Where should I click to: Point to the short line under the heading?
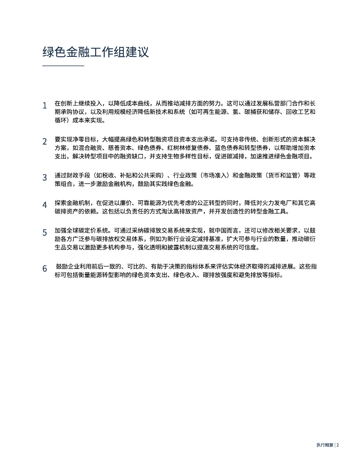point(63,66)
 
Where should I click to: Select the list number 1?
point(45,106)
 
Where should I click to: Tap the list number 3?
point(45,177)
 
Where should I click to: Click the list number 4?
point(45,205)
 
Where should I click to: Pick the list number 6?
point(45,268)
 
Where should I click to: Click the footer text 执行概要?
point(325,446)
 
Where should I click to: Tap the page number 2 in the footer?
point(338,446)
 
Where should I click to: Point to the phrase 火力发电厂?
point(271,203)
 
